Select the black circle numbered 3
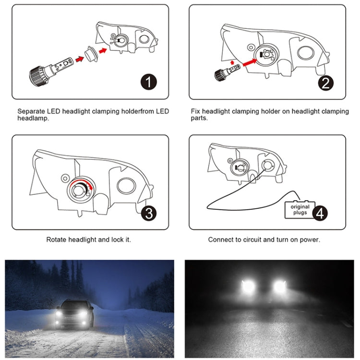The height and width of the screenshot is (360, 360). coord(149,213)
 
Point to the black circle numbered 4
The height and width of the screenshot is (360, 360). coord(321,213)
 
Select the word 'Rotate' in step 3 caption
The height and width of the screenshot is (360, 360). coord(58,239)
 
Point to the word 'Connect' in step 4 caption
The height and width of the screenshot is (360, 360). coord(221,239)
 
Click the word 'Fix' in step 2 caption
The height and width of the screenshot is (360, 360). coord(194,111)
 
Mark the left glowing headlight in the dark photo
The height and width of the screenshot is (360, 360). coord(249,287)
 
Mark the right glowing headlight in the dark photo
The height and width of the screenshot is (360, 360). coord(279,287)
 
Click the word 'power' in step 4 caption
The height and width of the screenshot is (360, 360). coord(308,239)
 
